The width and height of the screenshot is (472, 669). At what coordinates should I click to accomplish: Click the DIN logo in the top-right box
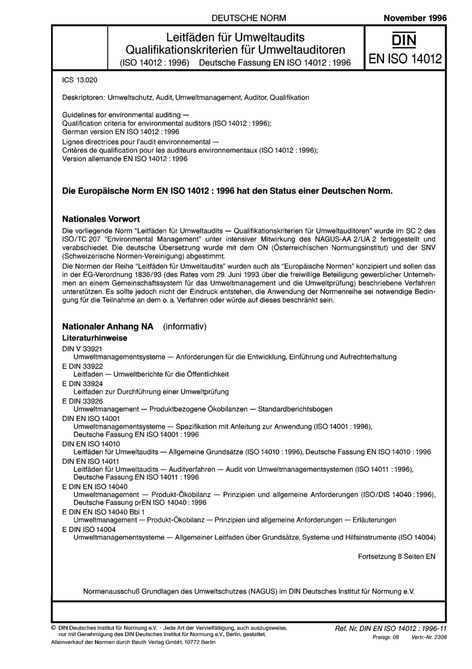404,40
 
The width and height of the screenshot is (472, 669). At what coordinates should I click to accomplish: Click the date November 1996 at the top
415,18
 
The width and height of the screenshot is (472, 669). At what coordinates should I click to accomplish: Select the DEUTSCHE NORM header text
248,18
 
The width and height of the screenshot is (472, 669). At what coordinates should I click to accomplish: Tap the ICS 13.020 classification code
79,80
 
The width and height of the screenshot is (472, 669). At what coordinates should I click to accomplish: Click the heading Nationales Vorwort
101,219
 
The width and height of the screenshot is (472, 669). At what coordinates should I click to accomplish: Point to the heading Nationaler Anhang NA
107,327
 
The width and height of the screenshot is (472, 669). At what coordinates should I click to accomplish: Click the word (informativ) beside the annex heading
185,327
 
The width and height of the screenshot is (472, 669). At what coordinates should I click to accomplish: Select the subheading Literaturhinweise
94,338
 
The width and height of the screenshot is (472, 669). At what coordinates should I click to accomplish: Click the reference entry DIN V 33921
82,349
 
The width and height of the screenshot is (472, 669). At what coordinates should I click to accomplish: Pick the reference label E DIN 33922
82,366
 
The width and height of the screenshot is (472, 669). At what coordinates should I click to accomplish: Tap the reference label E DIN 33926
82,401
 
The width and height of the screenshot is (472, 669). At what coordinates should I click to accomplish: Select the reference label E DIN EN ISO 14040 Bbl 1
103,511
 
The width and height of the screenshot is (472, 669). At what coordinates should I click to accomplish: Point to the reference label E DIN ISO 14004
89,529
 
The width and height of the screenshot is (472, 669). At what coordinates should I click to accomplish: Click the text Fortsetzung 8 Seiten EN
396,557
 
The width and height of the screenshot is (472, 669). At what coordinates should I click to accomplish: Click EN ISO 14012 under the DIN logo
404,59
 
